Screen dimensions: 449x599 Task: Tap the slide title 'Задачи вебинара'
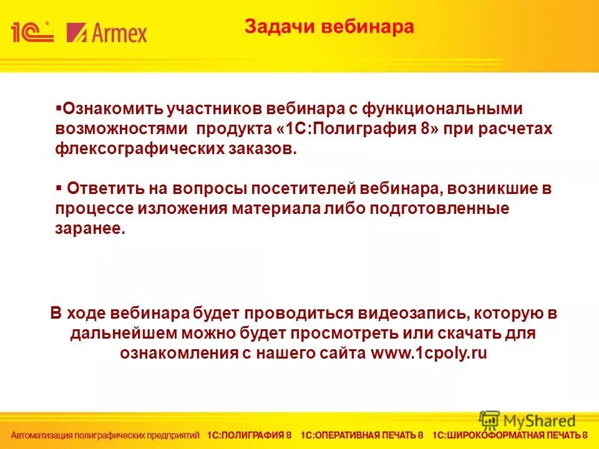pyautogui.click(x=329, y=27)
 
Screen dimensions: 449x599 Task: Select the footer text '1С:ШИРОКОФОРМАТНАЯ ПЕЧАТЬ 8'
pyautogui.click(x=510, y=435)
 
